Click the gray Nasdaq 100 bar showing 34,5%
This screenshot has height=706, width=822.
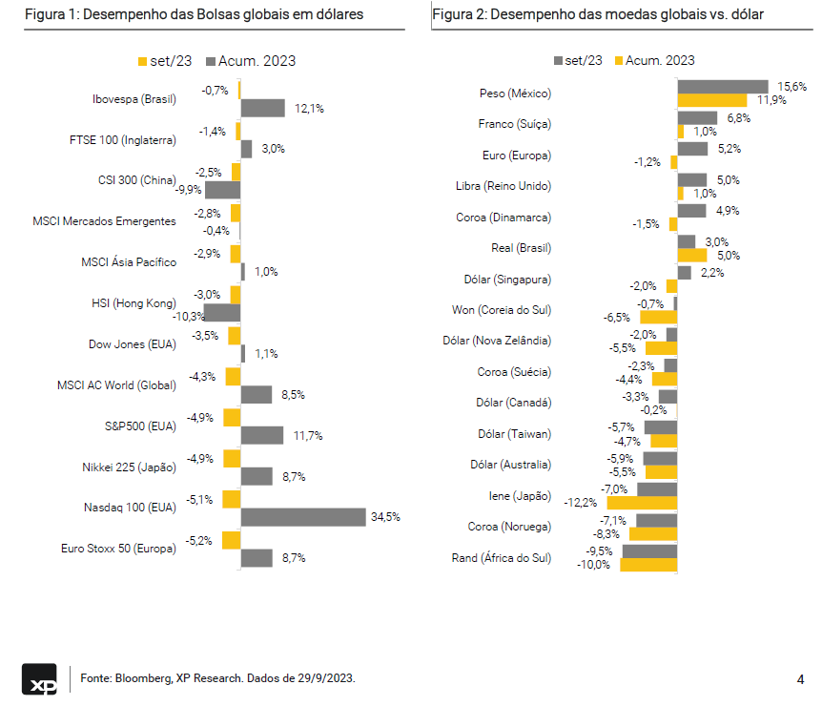pyautogui.click(x=303, y=517)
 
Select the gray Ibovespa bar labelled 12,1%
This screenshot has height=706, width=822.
pyautogui.click(x=262, y=108)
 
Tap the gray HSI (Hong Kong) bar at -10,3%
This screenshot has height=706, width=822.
pyautogui.click(x=222, y=312)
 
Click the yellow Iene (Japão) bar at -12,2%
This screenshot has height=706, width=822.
pyautogui.click(x=642, y=502)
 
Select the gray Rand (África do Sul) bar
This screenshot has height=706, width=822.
pyautogui.click(x=648, y=550)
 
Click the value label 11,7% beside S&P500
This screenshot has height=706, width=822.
pyautogui.click(x=308, y=435)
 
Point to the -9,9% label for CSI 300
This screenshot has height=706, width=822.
pyautogui.click(x=189, y=190)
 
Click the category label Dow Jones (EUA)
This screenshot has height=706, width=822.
pyautogui.click(x=132, y=344)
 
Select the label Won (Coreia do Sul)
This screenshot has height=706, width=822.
pyautogui.click(x=501, y=310)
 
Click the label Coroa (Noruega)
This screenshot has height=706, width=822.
pyautogui.click(x=509, y=527)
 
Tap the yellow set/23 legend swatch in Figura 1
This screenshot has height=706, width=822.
pyautogui.click(x=143, y=61)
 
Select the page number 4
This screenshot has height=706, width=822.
pyautogui.click(x=799, y=679)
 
